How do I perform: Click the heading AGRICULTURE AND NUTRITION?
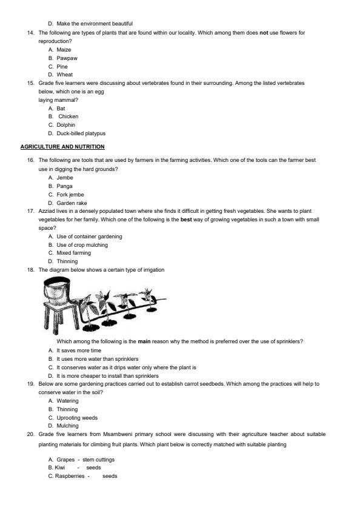[x=62, y=147]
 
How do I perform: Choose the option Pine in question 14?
[x=62, y=66]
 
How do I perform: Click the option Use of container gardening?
[x=89, y=236]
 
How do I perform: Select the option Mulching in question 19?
[x=67, y=426]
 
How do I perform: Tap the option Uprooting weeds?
[x=76, y=417]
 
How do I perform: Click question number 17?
[x=30, y=210]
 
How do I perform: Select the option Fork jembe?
[x=70, y=195]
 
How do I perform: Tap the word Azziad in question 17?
[x=47, y=210]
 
